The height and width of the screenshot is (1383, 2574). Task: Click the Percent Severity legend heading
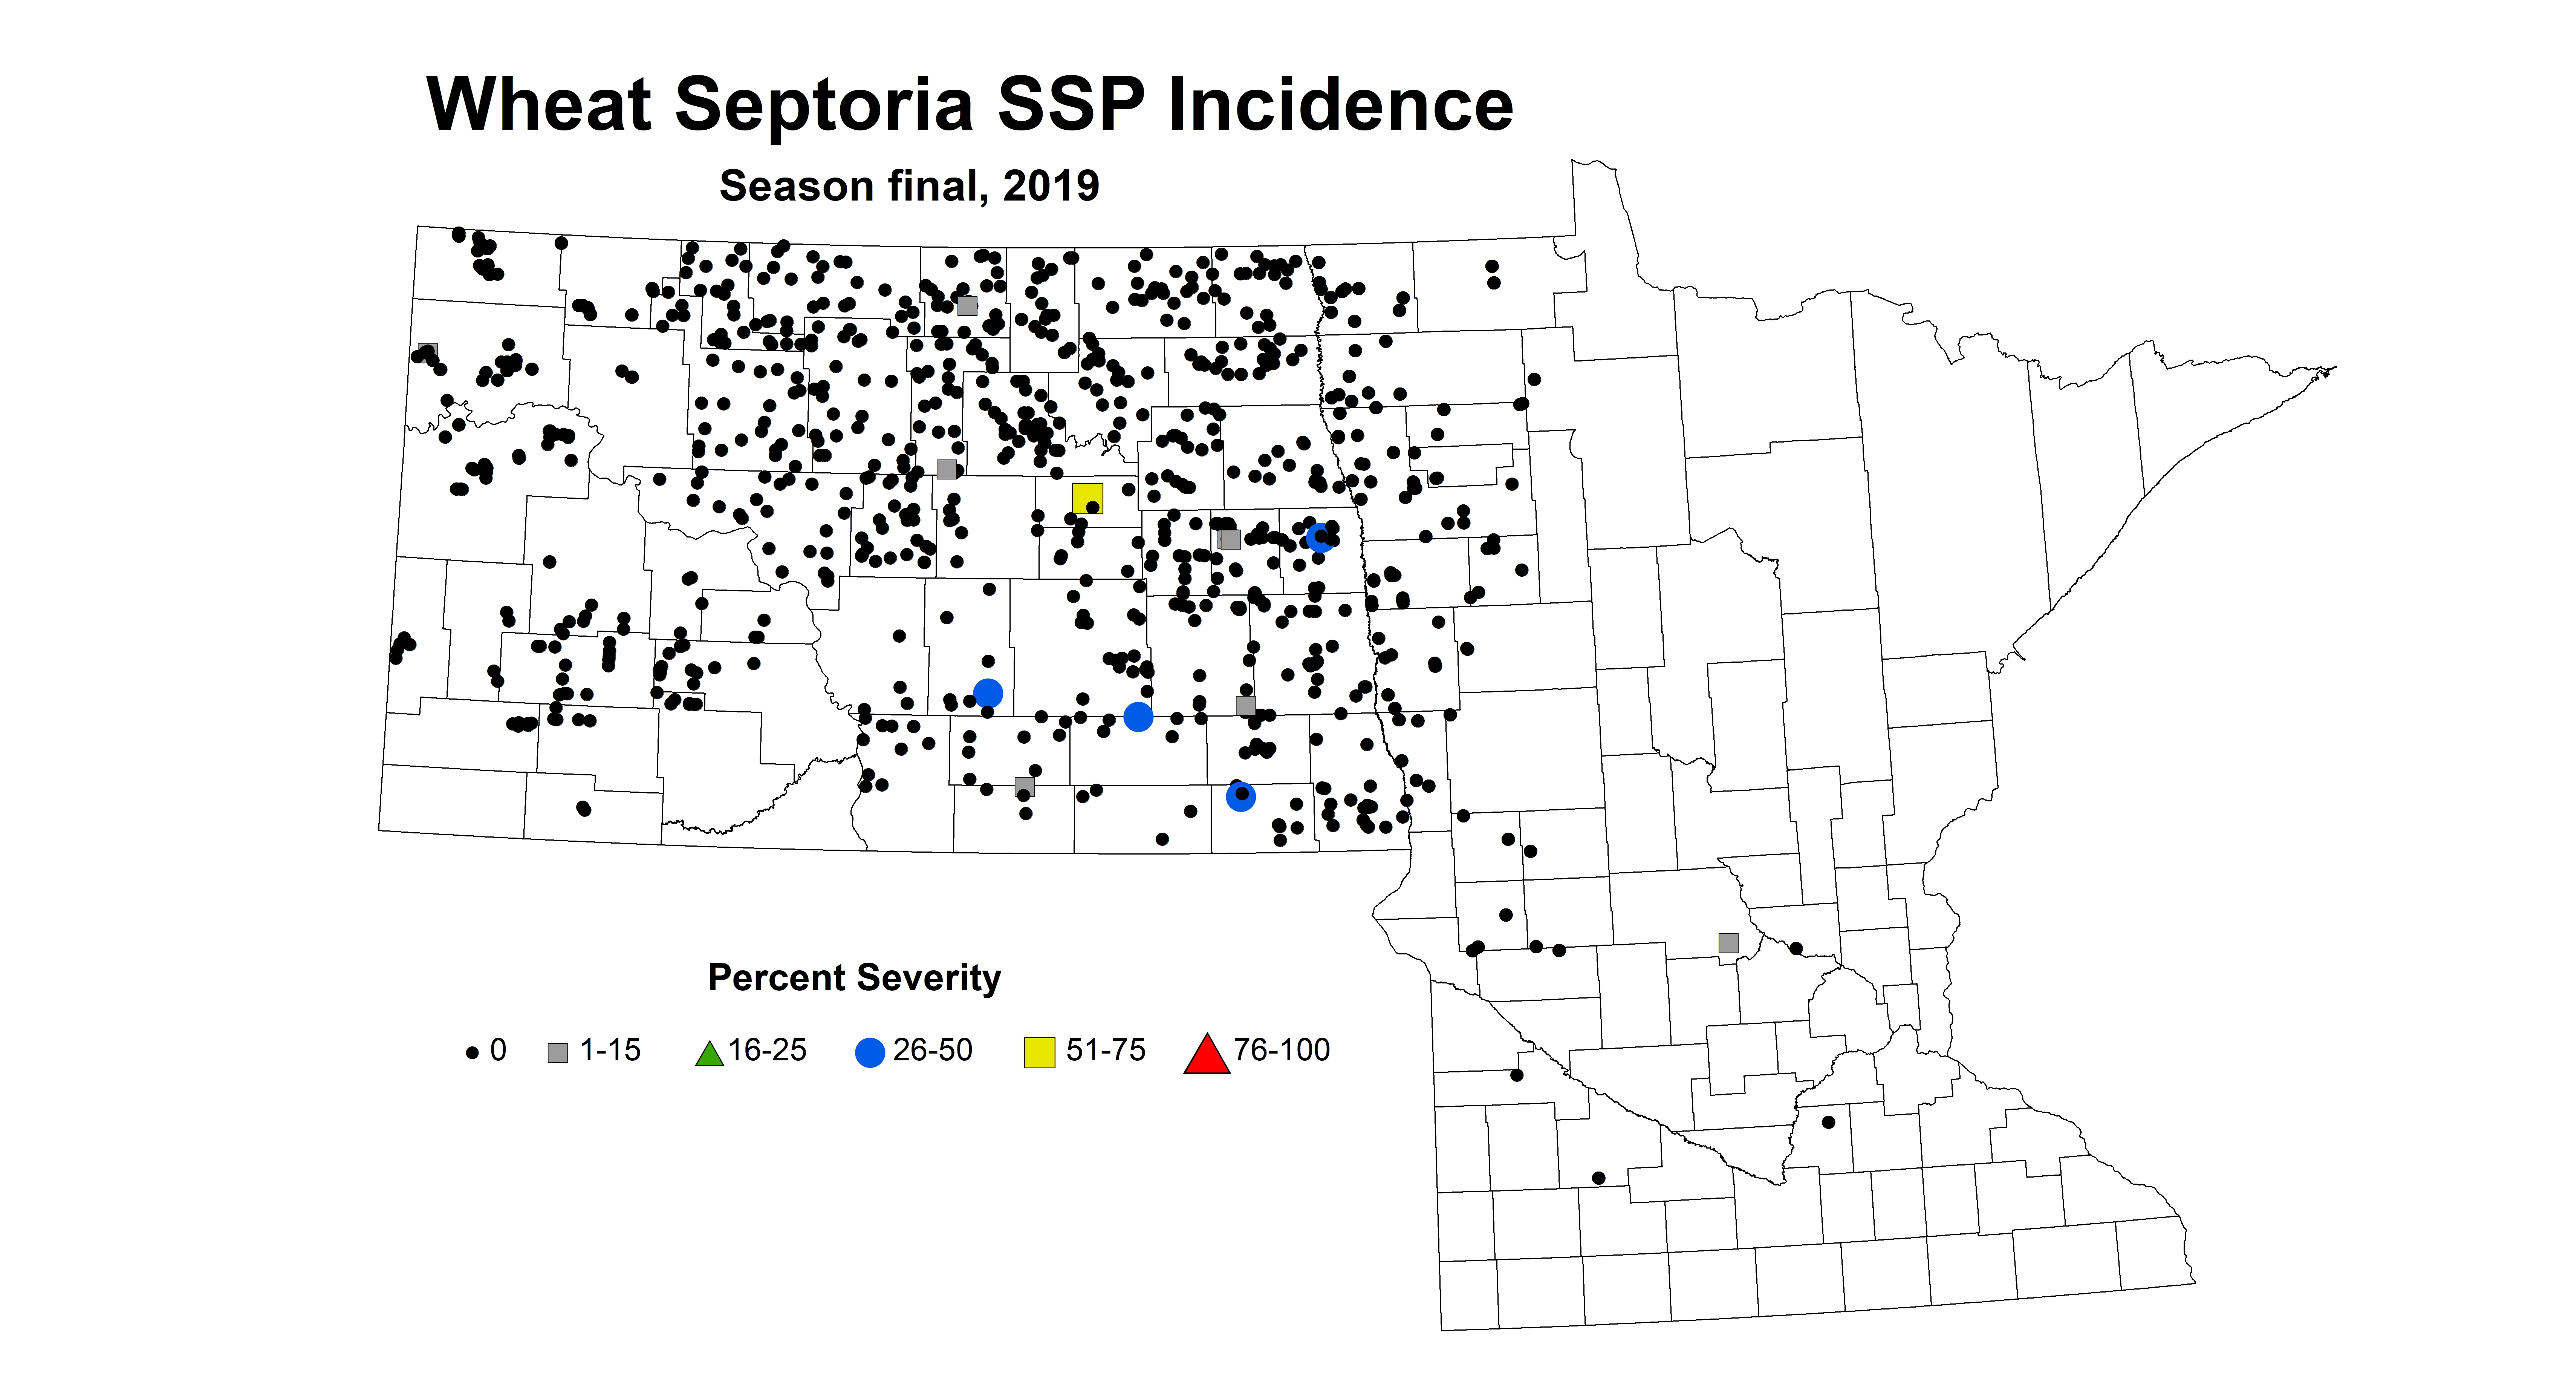pos(854,977)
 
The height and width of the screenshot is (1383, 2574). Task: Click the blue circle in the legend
pos(870,1052)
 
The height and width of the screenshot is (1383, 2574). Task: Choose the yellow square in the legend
pos(1039,1052)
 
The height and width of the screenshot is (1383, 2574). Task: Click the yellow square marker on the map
pos(1087,498)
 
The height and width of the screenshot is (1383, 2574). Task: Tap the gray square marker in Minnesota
pos(1728,942)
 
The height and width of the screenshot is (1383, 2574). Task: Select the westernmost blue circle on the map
pos(987,692)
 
